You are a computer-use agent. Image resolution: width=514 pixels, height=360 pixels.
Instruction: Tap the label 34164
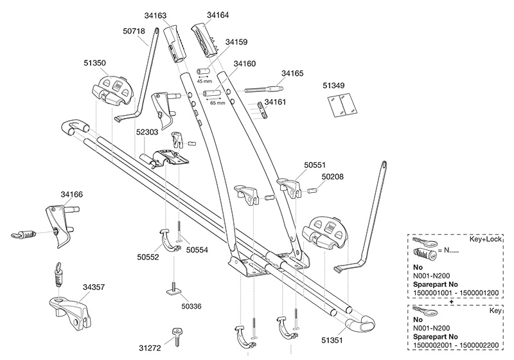pyautogui.click(x=218, y=14)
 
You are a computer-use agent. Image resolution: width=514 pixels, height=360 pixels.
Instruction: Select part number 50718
pyautogui.click(x=136, y=29)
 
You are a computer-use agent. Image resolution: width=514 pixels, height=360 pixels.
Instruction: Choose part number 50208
pyautogui.click(x=332, y=176)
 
